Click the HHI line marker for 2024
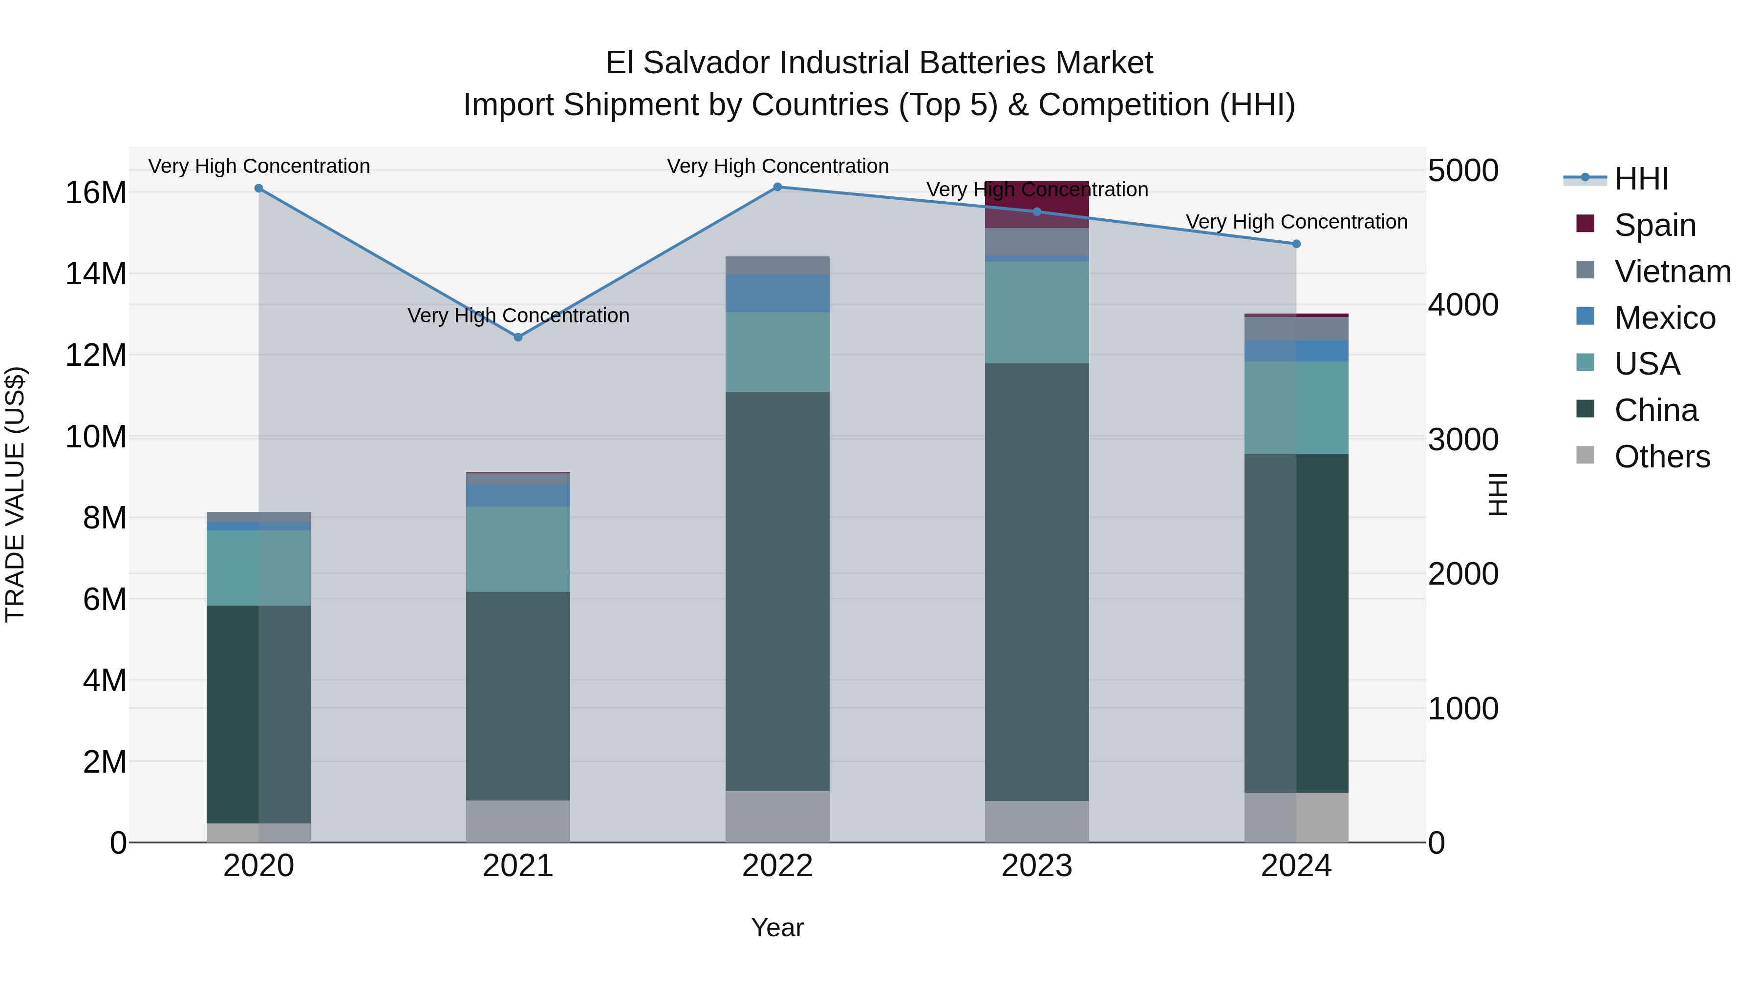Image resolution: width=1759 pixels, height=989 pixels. tap(1296, 244)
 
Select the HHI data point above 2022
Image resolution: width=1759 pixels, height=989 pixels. tap(777, 187)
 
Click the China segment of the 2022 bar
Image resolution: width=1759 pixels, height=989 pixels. tap(777, 591)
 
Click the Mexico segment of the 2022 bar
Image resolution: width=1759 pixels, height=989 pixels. tap(777, 294)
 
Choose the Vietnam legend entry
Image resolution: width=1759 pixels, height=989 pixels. tap(1673, 272)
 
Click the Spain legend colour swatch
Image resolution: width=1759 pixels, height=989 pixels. tap(1585, 224)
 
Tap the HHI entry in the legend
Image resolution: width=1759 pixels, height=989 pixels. tap(1641, 179)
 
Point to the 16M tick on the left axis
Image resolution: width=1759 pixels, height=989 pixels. tap(96, 193)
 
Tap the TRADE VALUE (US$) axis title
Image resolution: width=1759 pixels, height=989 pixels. tap(15, 494)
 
